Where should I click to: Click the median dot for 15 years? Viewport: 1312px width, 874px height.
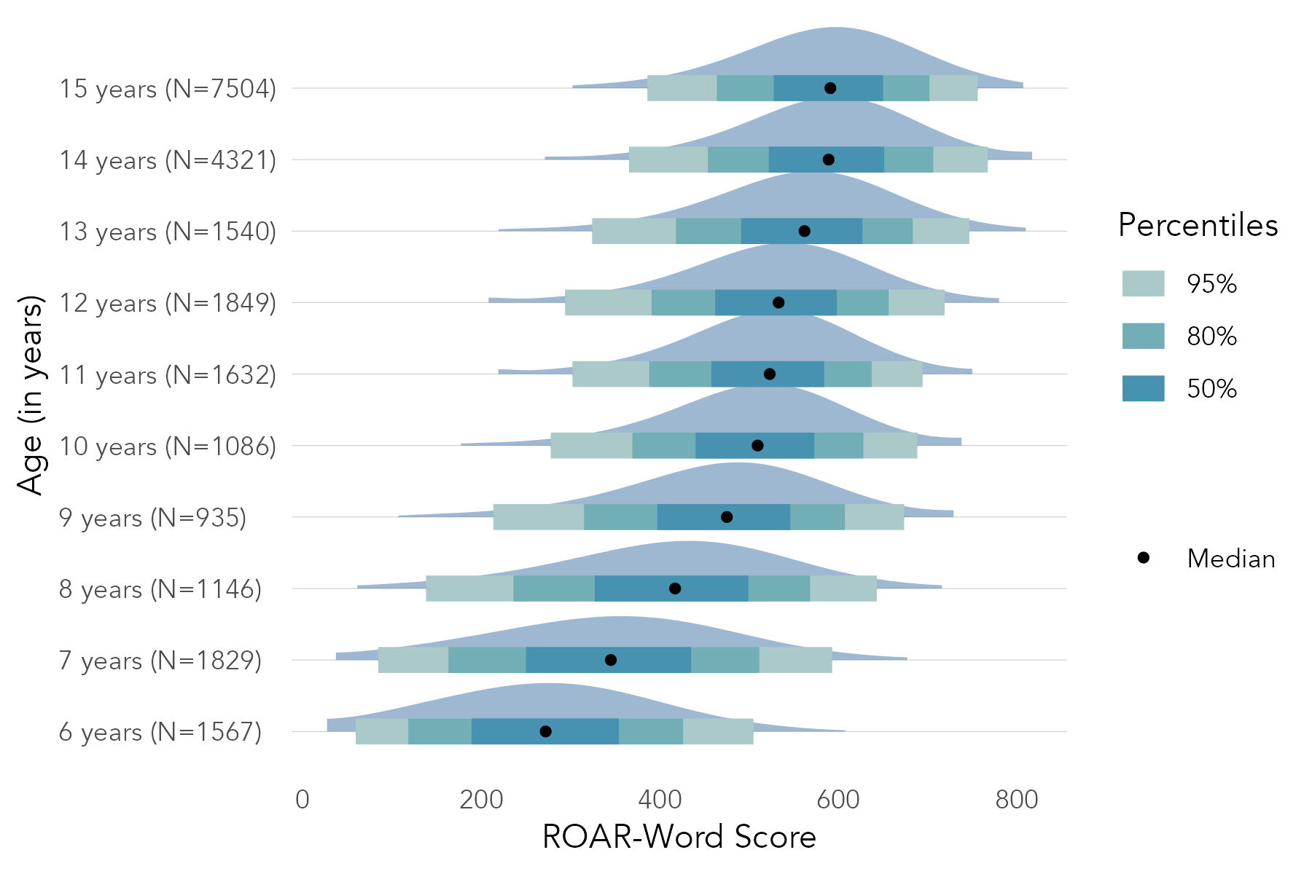[x=830, y=88]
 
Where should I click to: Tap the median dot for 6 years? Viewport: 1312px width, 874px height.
[x=545, y=731]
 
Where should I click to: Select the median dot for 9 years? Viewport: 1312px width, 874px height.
[x=727, y=517]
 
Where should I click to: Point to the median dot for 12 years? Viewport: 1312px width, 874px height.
[x=778, y=302]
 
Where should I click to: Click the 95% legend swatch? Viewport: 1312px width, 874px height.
[x=1143, y=283]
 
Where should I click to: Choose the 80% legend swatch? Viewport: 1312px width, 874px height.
[x=1143, y=336]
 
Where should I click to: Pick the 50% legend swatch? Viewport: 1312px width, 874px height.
[x=1143, y=388]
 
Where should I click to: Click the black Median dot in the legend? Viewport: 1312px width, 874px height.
[x=1143, y=558]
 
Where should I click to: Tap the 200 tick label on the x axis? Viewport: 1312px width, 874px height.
[x=481, y=800]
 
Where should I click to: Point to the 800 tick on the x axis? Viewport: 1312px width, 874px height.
[x=1017, y=800]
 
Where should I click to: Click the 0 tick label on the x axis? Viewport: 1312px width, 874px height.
[x=302, y=800]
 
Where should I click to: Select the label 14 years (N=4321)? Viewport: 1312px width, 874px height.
[x=168, y=160]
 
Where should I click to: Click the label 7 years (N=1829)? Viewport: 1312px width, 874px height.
[x=160, y=661]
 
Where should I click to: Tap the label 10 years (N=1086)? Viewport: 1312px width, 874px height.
[x=168, y=446]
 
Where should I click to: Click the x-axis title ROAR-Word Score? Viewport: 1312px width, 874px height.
[x=679, y=837]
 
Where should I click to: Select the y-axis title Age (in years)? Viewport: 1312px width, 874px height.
[x=31, y=395]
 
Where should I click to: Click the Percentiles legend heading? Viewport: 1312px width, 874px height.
[x=1198, y=225]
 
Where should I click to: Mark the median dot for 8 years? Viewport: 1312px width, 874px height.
[x=675, y=588]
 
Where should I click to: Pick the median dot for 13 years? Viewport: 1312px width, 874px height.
[x=804, y=231]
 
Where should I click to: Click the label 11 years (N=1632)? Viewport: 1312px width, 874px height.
[x=168, y=375]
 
